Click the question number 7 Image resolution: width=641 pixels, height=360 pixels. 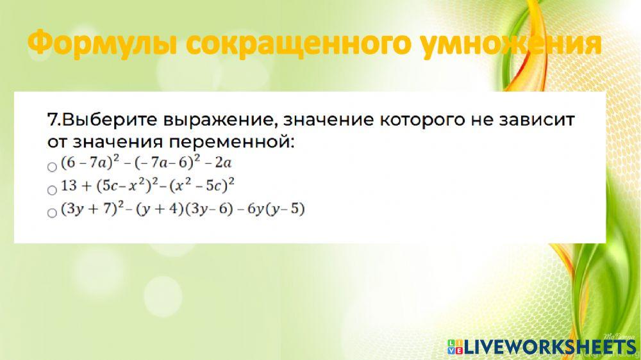[x=54, y=119]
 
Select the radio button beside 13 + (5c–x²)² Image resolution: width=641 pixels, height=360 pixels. [x=53, y=190]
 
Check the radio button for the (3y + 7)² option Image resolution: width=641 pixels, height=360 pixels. [x=53, y=213]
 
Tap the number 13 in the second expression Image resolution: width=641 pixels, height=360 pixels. [x=68, y=187]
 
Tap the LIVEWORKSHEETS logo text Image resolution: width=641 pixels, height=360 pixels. [x=550, y=347]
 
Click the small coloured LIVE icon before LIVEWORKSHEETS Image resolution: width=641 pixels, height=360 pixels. [x=454, y=347]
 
